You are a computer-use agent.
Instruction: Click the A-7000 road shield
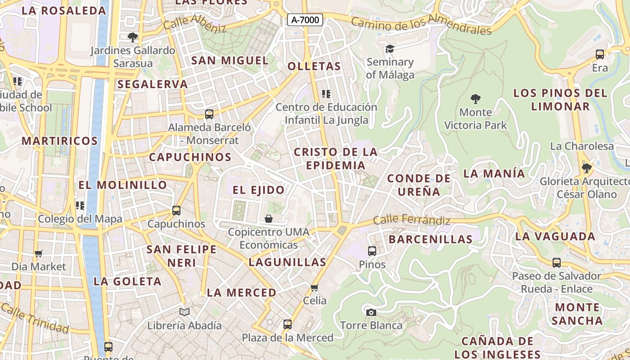pos(305,20)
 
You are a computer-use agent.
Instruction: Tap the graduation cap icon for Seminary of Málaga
pos(390,48)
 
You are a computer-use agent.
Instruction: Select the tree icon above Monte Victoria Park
pos(475,99)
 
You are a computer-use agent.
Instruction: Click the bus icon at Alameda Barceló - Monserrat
pos(209,114)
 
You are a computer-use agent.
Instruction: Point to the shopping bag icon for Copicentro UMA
pos(269,219)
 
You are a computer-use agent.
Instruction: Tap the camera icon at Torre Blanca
pos(371,312)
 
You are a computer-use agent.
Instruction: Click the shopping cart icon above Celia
pos(315,288)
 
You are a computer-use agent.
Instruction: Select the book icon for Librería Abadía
pos(184,311)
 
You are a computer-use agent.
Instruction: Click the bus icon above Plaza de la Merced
pos(287,324)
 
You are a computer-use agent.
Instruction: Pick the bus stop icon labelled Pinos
pos(372,251)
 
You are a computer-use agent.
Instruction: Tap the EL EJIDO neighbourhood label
pos(259,190)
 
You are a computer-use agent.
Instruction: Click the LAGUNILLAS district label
pos(287,262)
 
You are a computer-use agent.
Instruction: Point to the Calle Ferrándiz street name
pos(412,220)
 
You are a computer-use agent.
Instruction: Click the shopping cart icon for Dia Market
pos(39,253)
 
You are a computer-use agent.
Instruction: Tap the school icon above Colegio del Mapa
pos(80,206)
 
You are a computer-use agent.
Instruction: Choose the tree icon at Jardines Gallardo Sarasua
pos(133,37)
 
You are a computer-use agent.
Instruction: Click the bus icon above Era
pos(600,54)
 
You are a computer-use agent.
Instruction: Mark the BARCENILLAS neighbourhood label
pos(431,239)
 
